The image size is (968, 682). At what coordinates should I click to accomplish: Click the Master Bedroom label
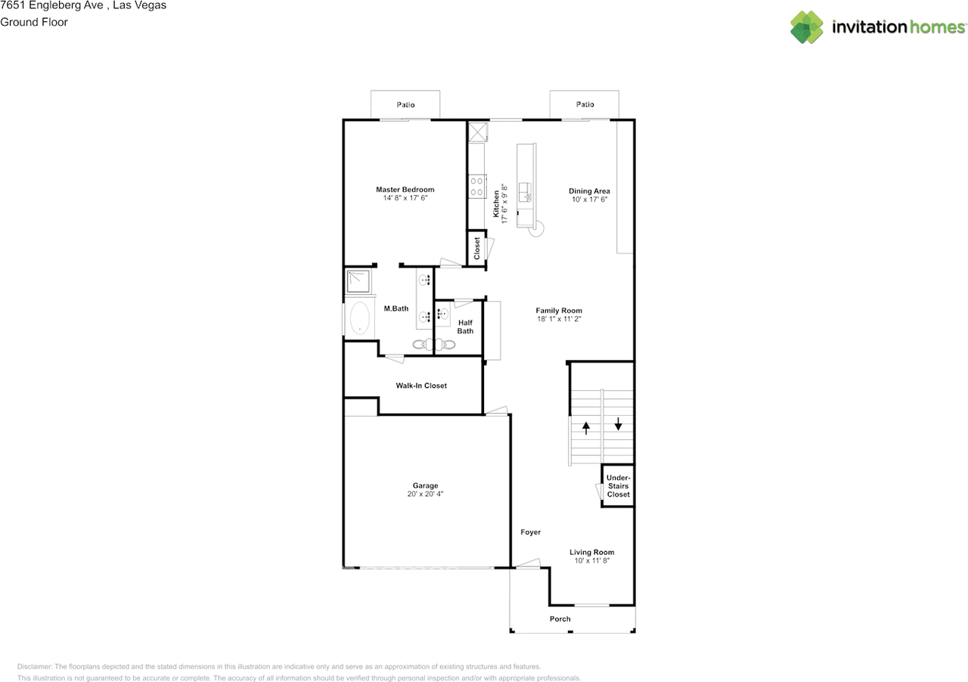click(x=405, y=189)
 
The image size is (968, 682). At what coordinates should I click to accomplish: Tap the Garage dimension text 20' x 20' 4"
click(x=425, y=494)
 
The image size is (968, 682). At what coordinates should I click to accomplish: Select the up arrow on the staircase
click(x=586, y=428)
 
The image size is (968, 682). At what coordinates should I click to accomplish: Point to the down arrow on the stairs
click(x=619, y=423)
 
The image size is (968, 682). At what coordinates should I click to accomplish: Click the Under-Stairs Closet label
click(x=619, y=485)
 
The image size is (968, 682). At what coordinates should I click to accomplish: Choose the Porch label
click(x=560, y=619)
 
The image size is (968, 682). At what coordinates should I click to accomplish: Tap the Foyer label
click(x=531, y=532)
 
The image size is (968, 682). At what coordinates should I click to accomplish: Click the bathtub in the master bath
click(x=359, y=318)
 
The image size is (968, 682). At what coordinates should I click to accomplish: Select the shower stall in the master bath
click(x=358, y=281)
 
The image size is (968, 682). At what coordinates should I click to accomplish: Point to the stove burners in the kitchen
click(x=476, y=186)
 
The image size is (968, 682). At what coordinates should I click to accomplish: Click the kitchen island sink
click(x=525, y=192)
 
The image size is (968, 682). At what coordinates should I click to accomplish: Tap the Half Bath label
click(x=465, y=327)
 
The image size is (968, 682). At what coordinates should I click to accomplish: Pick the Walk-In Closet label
click(x=421, y=386)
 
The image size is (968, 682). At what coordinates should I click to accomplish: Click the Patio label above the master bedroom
click(x=405, y=104)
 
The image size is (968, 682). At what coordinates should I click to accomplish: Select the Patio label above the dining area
click(x=585, y=104)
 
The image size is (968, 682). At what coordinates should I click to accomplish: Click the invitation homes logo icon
click(x=807, y=26)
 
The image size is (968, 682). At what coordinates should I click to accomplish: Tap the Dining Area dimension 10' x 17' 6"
click(x=589, y=200)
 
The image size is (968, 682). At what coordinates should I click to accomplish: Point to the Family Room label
click(x=559, y=310)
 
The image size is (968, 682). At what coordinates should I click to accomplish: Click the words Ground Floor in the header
click(x=34, y=22)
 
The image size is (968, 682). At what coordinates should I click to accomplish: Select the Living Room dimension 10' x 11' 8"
click(x=591, y=560)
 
